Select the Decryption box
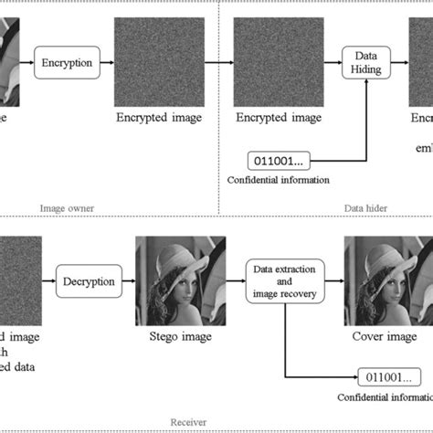[88, 281]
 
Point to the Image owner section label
[69, 207]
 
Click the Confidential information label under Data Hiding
[280, 179]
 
